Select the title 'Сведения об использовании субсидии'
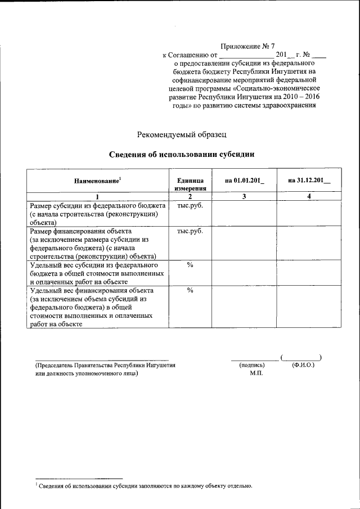(x=182, y=154)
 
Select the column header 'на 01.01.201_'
(x=244, y=180)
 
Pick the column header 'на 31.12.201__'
(x=309, y=180)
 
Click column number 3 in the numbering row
(x=244, y=196)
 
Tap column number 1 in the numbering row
(x=97, y=196)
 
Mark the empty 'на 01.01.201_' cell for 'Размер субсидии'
(x=244, y=213)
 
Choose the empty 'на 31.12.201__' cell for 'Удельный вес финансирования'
(x=309, y=307)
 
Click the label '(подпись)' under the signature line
(x=251, y=365)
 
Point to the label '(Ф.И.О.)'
(x=303, y=365)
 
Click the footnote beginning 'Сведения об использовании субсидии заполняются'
(x=146, y=485)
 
